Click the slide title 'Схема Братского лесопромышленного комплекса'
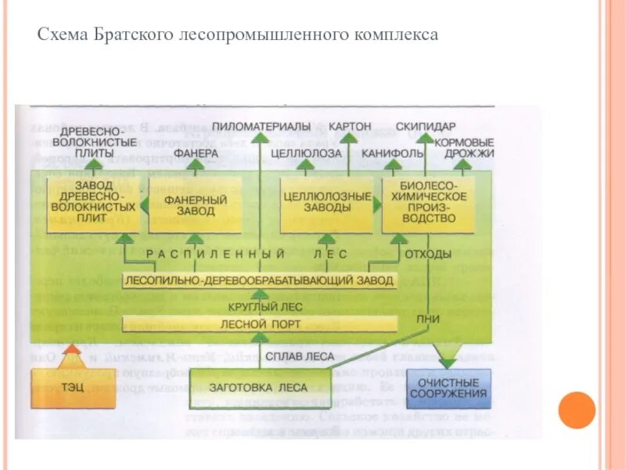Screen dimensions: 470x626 tap(238, 35)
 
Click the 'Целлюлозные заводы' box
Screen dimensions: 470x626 tap(326, 204)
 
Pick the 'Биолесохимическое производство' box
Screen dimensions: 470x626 tap(428, 204)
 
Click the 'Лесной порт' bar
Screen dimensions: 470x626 tap(261, 324)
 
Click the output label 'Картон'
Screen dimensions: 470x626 tap(350, 127)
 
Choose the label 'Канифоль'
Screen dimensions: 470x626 tap(392, 154)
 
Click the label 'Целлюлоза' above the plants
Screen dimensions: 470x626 tap(306, 154)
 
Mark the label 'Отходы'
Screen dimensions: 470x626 tap(428, 254)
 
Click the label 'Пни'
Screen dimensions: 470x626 tap(428, 318)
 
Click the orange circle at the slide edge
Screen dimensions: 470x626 tap(577, 410)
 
